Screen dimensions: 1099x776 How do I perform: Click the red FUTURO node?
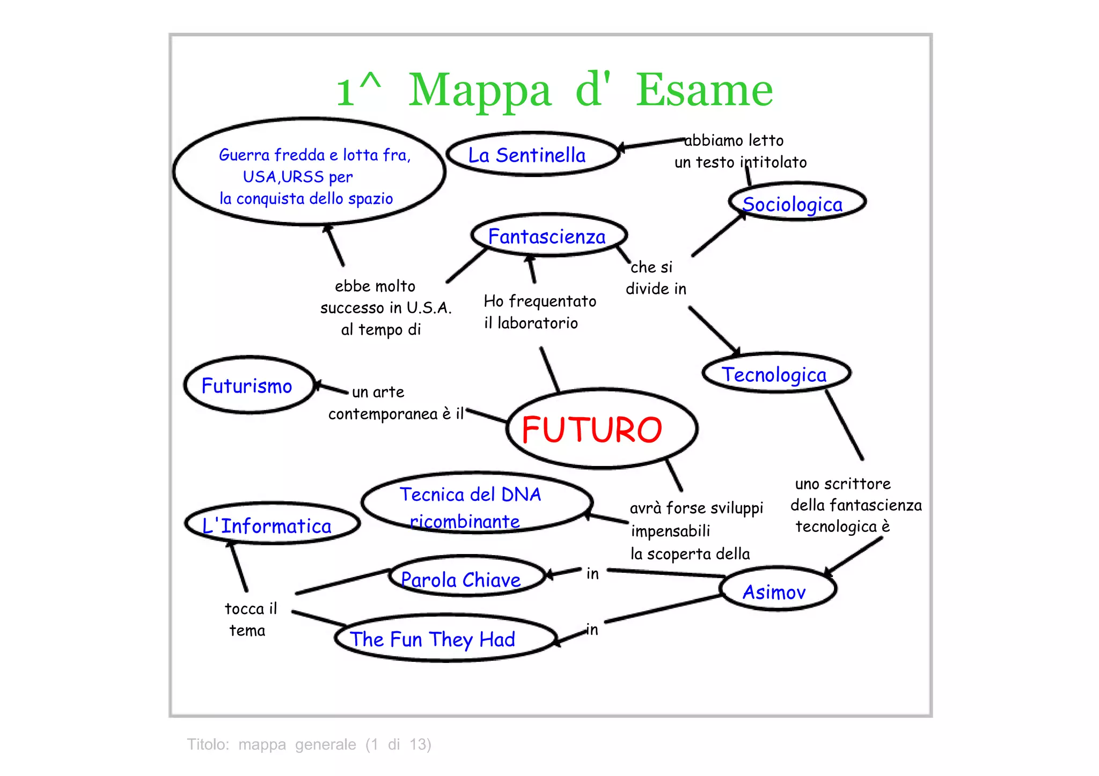click(601, 429)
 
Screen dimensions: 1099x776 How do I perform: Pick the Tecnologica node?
click(775, 374)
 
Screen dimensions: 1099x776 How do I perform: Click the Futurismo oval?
click(248, 386)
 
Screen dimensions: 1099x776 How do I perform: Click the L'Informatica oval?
click(270, 524)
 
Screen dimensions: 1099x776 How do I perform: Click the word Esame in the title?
click(705, 90)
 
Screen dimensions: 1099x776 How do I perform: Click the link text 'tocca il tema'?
click(250, 619)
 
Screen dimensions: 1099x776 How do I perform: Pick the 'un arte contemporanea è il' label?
click(394, 403)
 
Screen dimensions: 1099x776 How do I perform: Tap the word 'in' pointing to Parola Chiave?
click(592, 574)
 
